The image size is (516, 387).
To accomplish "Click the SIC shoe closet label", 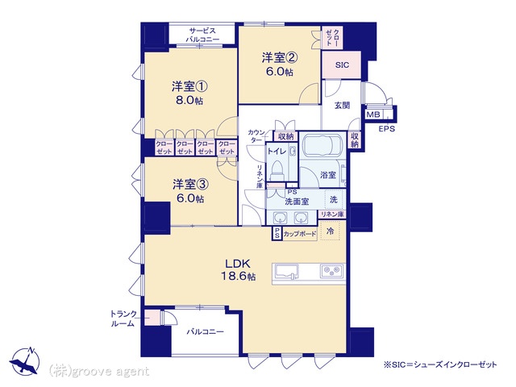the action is click(x=342, y=65).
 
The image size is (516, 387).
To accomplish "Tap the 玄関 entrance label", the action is click(x=342, y=106).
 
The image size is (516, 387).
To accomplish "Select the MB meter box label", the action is click(x=373, y=114).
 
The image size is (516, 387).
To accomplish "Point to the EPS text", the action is click(x=387, y=129).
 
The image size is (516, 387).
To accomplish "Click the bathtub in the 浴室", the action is click(x=322, y=145).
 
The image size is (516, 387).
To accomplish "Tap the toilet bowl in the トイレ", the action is click(x=276, y=170).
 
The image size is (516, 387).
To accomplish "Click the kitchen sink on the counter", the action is click(x=285, y=273).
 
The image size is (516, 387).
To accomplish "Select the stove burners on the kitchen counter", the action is click(x=331, y=271).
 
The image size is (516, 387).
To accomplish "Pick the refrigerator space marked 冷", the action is click(x=330, y=231).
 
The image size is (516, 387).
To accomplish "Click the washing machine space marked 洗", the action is click(x=334, y=199).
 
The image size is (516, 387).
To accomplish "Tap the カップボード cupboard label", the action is click(x=300, y=235).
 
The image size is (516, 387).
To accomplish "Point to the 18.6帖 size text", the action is click(x=238, y=276).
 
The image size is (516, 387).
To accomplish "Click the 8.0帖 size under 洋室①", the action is click(x=189, y=100).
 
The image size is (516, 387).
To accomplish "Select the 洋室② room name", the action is click(x=280, y=58).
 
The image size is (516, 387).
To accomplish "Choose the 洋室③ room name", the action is click(x=190, y=185).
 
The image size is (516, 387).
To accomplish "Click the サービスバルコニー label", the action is click(x=202, y=35).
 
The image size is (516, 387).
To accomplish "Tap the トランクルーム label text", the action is click(x=123, y=318).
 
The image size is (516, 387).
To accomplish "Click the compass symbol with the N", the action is click(x=25, y=361).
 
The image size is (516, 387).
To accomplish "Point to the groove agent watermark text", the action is click(x=99, y=372).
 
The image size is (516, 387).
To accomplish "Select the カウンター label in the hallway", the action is click(x=256, y=136).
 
